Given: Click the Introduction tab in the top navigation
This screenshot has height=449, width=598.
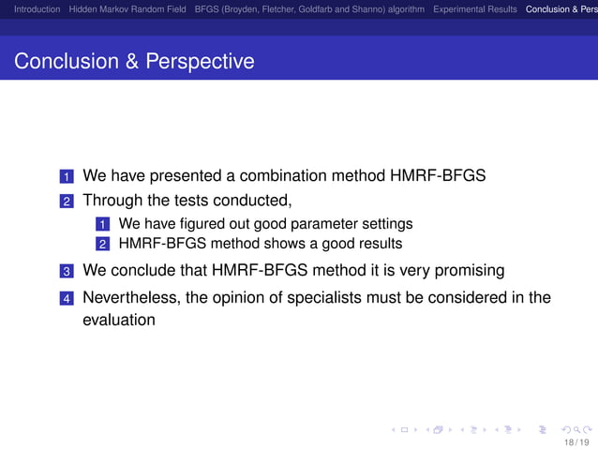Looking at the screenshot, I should coord(31,9).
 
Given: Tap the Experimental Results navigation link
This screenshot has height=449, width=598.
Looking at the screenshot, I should coord(474,9).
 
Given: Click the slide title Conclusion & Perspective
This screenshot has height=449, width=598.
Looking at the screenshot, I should coord(134,62).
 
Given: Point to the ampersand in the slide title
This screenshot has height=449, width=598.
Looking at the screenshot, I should coord(127,62).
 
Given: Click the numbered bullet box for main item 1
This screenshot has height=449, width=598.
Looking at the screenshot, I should coord(66,177).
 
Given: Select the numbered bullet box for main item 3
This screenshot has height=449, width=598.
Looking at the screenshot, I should coord(66,272).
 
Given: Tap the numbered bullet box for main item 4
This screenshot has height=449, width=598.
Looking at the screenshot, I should coord(66,299).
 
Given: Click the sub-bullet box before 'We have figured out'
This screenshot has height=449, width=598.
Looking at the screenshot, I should coord(102,225).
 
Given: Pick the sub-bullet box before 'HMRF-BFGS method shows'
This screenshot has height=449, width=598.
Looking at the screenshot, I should coord(102,245).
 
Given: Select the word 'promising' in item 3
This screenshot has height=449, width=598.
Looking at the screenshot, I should coord(471,271).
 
